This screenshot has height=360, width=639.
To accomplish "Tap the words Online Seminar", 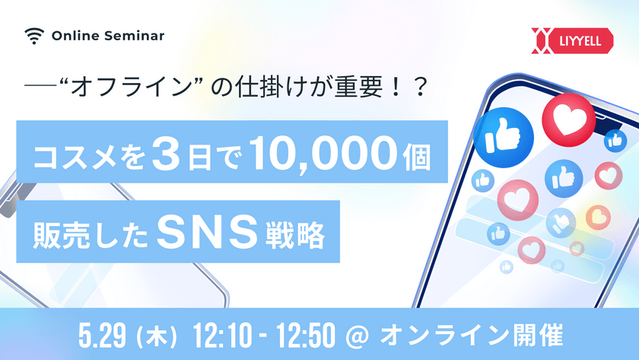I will pyautogui.click(x=108, y=35).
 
